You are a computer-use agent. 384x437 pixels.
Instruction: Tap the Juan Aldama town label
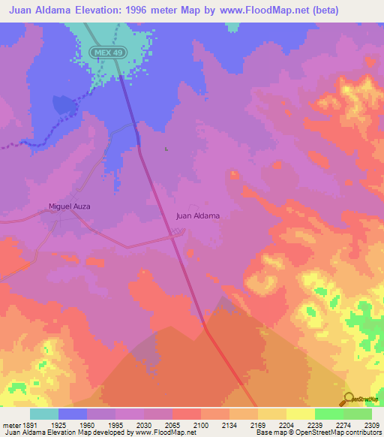coord(198,216)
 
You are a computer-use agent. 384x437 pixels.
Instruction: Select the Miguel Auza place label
coord(69,206)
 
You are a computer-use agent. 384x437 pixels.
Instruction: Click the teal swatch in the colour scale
coord(44,414)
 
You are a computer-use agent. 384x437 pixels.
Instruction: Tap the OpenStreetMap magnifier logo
coord(349,398)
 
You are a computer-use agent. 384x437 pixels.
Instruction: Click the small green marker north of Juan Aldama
coord(166,149)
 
